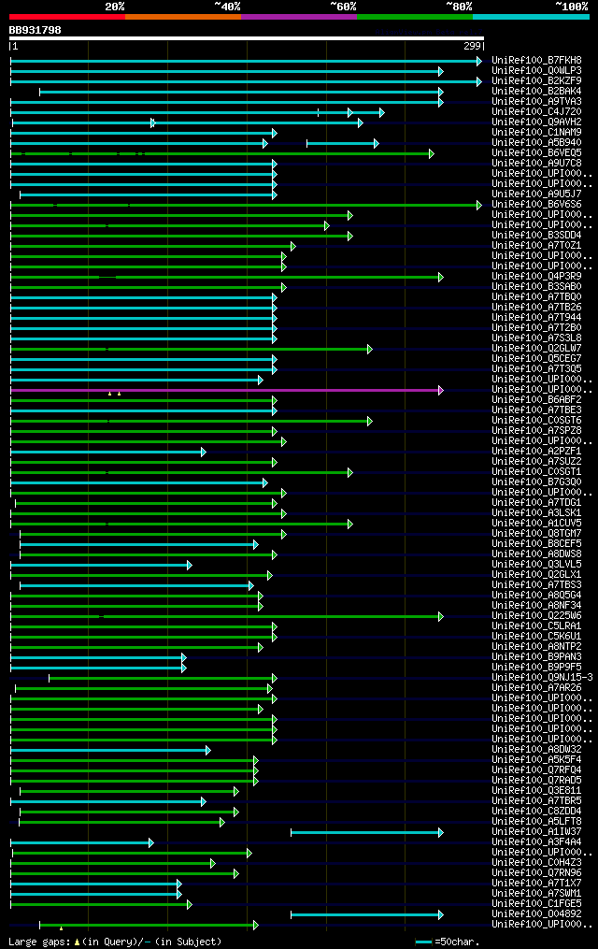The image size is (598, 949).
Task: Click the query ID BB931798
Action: coord(36,30)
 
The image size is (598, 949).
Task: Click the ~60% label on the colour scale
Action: coord(343,6)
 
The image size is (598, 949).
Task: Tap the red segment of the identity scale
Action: coord(66,16)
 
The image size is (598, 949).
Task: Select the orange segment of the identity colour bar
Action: coord(182,16)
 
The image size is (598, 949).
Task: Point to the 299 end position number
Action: coord(472,46)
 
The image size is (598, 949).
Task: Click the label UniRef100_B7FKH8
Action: coord(535,61)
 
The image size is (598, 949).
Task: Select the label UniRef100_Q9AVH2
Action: coord(535,122)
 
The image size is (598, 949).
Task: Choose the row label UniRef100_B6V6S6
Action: coord(535,205)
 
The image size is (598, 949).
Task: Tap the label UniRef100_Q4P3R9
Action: coord(535,277)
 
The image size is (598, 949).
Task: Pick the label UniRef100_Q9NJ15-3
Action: coord(541,678)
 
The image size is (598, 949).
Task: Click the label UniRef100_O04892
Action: coord(535,914)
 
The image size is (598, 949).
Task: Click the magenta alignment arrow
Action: coord(224,390)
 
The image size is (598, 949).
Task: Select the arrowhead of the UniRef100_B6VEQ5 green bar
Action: coord(432,153)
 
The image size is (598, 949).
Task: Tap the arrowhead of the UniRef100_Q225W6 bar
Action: coord(440,616)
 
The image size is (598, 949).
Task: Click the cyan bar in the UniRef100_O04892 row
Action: coord(364,914)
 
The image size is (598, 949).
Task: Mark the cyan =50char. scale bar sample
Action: coord(424,942)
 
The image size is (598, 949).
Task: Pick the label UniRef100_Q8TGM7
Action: coord(535,534)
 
